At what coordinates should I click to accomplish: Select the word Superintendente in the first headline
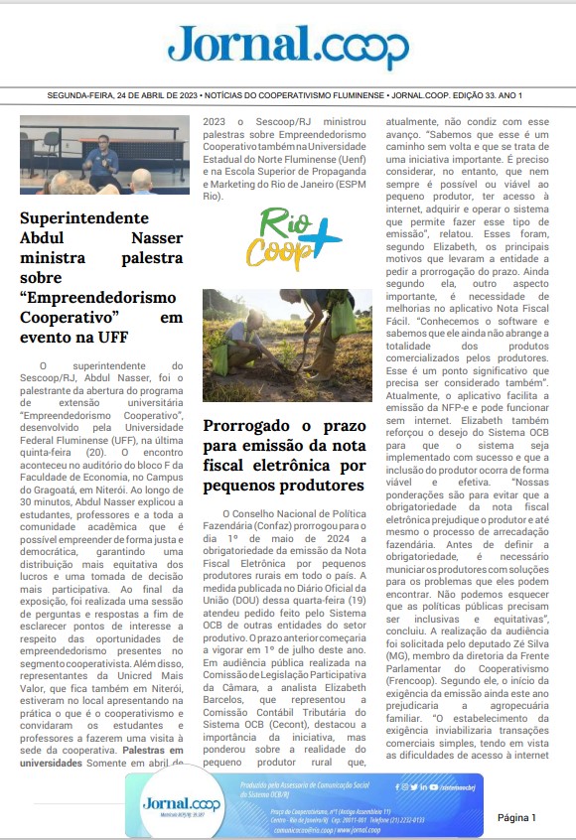84,218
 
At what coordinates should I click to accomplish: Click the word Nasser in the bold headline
157,238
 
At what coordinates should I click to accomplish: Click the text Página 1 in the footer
516,817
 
